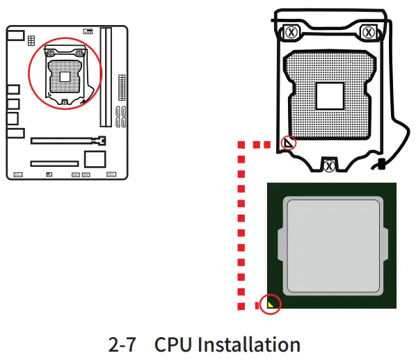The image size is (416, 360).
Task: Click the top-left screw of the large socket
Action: [x=291, y=32]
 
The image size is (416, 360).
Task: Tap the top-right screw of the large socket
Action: [x=369, y=32]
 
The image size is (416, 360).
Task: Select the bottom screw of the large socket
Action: [x=329, y=165]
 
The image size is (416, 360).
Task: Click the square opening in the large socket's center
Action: [x=329, y=97]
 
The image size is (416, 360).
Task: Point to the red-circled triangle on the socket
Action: [x=287, y=143]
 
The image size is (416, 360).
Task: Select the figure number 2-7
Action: [x=124, y=345]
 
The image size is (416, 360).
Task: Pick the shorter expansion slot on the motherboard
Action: [x=54, y=165]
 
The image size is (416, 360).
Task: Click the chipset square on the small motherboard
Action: [x=93, y=158]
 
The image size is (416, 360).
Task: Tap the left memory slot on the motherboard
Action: [x=102, y=76]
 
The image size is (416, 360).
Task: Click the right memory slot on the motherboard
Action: [x=109, y=76]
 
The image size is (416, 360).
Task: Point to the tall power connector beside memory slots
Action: [x=122, y=87]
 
